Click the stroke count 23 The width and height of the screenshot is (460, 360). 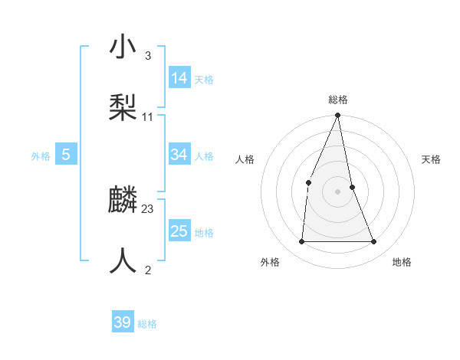coord(148,208)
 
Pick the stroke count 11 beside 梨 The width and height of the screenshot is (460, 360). coord(148,116)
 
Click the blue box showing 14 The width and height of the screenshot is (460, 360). coord(179,77)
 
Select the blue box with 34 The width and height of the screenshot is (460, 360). coord(179,155)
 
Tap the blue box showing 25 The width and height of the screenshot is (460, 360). coord(179,231)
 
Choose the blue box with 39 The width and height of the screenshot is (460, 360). coord(123,322)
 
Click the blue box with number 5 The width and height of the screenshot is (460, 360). coord(66,155)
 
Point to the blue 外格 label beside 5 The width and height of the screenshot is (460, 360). coord(41,156)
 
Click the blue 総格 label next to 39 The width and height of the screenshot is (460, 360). coord(147,324)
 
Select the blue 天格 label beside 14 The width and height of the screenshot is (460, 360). coord(204,79)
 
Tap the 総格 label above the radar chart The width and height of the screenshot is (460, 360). coord(338,100)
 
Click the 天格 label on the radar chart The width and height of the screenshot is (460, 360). coord(431,159)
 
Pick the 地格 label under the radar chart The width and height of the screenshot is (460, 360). coord(402,262)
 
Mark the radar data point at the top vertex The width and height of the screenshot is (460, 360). coord(338,116)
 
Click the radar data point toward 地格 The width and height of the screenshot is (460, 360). coord(374,241)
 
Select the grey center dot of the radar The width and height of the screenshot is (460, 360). coord(338,191)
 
